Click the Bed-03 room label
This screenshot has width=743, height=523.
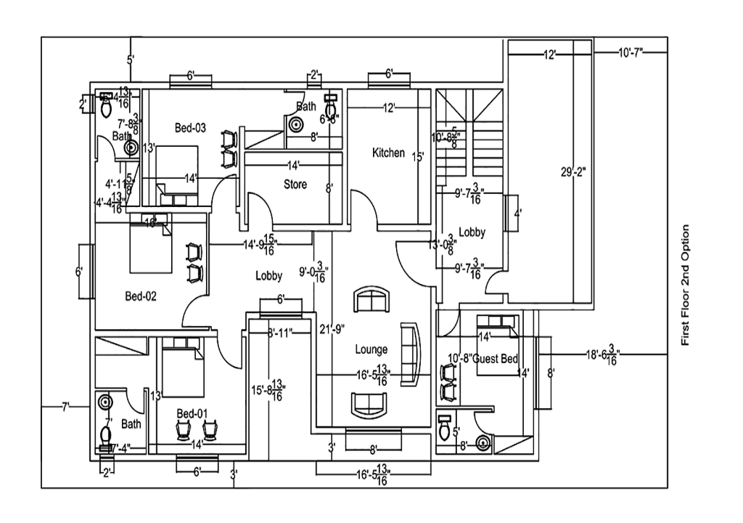pyautogui.click(x=190, y=128)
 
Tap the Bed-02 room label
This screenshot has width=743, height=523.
pyautogui.click(x=141, y=296)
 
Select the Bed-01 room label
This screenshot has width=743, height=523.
pyautogui.click(x=192, y=413)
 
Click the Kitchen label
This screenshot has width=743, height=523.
pyautogui.click(x=388, y=153)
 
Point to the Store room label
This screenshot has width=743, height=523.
pyautogui.click(x=295, y=185)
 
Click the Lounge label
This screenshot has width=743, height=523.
pyautogui.click(x=371, y=349)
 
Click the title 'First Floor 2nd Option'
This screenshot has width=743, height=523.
pyautogui.click(x=685, y=285)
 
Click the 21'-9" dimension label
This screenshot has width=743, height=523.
pyautogui.click(x=332, y=329)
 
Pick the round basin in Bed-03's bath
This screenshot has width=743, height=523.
pyautogui.click(x=296, y=124)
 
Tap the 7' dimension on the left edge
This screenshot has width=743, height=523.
pyautogui.click(x=65, y=408)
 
